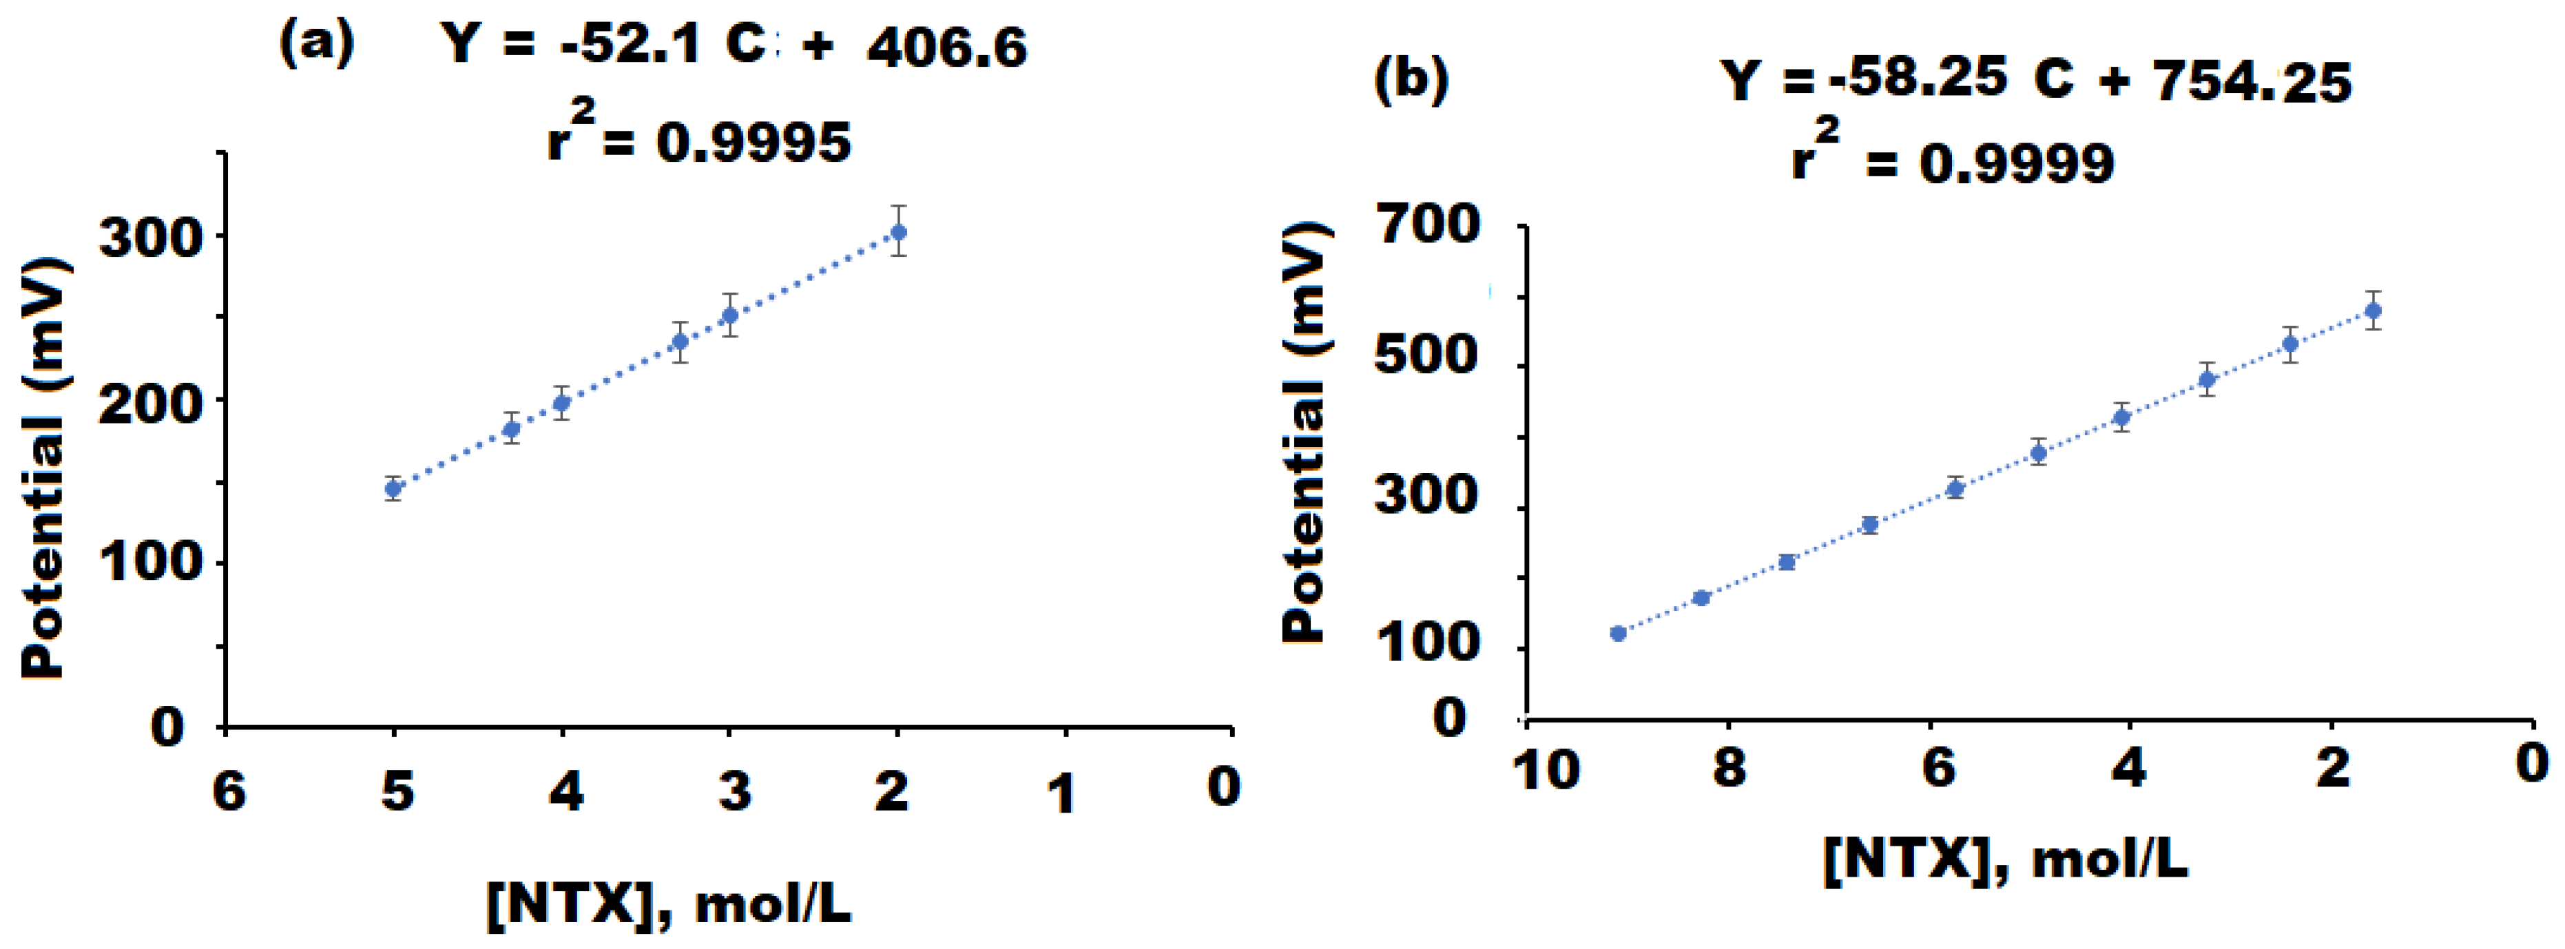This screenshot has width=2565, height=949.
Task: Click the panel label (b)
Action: (1411, 80)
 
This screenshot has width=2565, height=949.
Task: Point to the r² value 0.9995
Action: (754, 143)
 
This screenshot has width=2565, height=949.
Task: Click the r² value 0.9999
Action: (2016, 163)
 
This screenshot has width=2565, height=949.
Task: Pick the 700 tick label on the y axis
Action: (1427, 225)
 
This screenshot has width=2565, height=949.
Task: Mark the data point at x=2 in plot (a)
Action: (898, 232)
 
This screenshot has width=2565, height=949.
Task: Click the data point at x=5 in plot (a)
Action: (393, 488)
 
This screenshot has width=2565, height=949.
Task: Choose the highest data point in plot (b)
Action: (2373, 311)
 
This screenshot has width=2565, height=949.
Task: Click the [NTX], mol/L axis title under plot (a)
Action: (669, 904)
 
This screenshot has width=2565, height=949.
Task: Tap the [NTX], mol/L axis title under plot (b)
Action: (2006, 857)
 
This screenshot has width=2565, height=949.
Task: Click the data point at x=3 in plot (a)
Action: (730, 315)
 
